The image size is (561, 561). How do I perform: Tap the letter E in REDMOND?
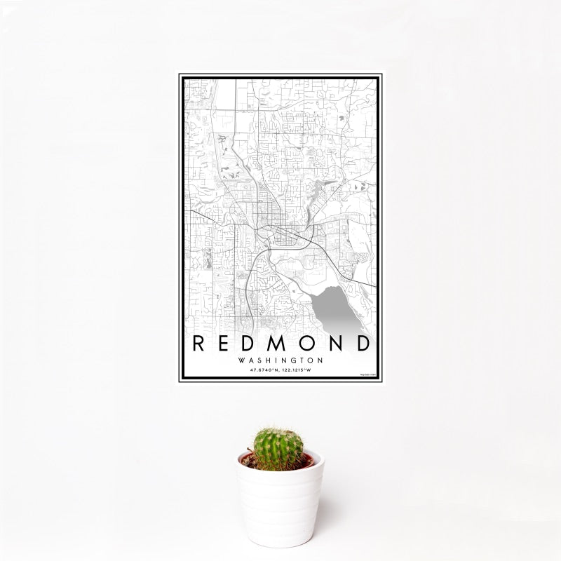pyautogui.click(x=228, y=344)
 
